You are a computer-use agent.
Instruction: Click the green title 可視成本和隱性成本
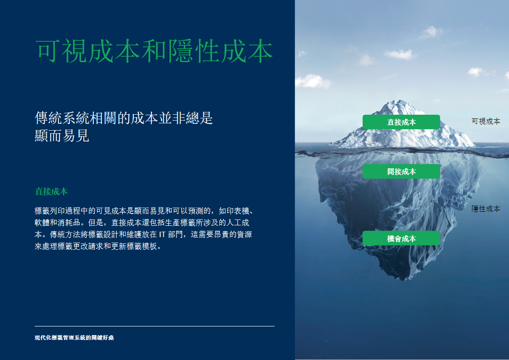click(x=154, y=51)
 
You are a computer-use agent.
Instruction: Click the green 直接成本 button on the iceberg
click(x=401, y=122)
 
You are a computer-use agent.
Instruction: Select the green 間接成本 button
click(x=401, y=171)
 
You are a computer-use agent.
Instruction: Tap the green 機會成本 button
click(x=401, y=238)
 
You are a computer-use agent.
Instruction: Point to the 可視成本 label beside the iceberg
click(x=485, y=121)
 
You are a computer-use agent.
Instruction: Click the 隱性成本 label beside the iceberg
click(x=485, y=209)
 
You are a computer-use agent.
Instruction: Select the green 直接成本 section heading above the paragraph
click(x=51, y=191)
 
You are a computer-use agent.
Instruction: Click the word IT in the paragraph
click(x=162, y=234)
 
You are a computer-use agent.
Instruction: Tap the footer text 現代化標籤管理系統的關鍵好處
click(x=74, y=338)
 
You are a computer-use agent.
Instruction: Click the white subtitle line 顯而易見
click(x=62, y=136)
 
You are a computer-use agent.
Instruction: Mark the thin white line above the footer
click(x=155, y=326)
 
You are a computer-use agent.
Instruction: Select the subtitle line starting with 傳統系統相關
click(x=124, y=118)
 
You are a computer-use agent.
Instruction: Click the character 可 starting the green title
click(x=48, y=51)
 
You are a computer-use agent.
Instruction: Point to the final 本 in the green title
click(x=260, y=51)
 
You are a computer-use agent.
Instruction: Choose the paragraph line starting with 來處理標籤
click(x=98, y=246)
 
